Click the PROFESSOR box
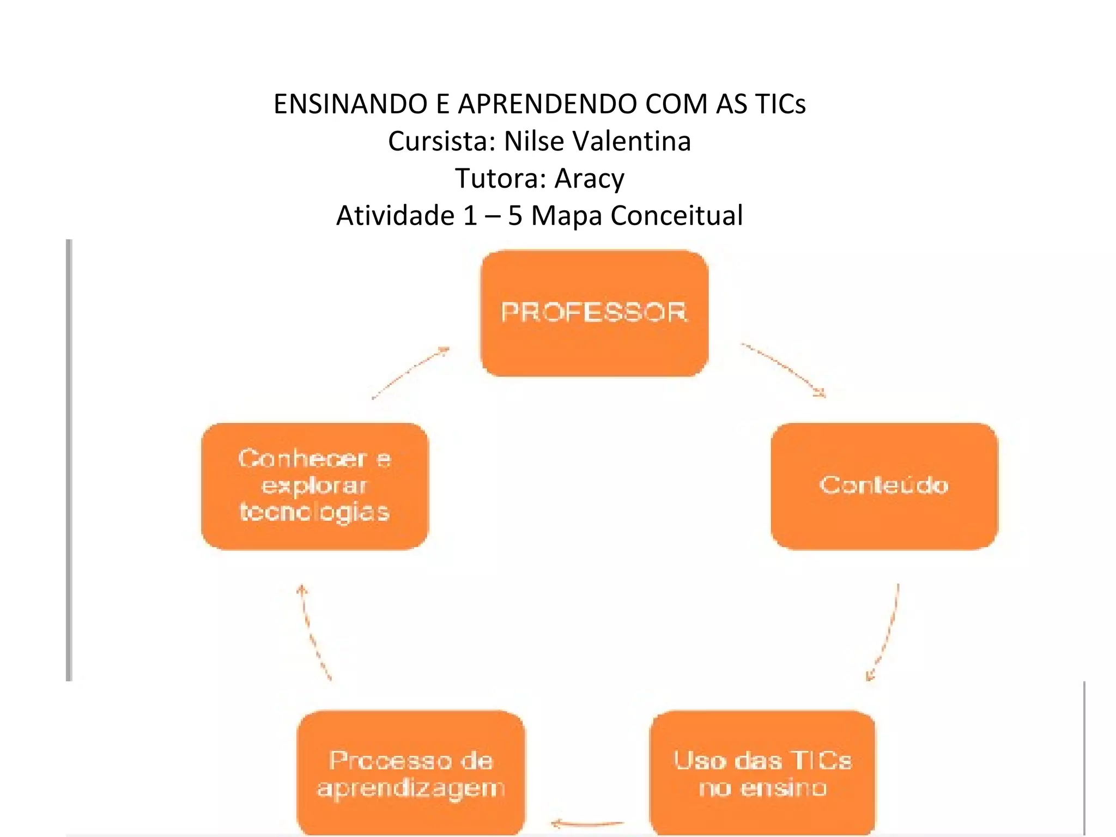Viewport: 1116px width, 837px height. tap(594, 313)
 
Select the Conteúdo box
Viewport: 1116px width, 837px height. tap(884, 486)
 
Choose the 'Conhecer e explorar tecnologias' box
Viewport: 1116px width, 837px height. tap(315, 486)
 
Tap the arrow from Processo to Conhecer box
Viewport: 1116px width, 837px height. tap(315, 632)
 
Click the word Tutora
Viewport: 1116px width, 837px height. tap(500, 178)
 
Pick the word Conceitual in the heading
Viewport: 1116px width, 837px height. tap(676, 215)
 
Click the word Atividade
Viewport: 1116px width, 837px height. tap(395, 215)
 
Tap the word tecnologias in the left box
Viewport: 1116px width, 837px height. tap(315, 513)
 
